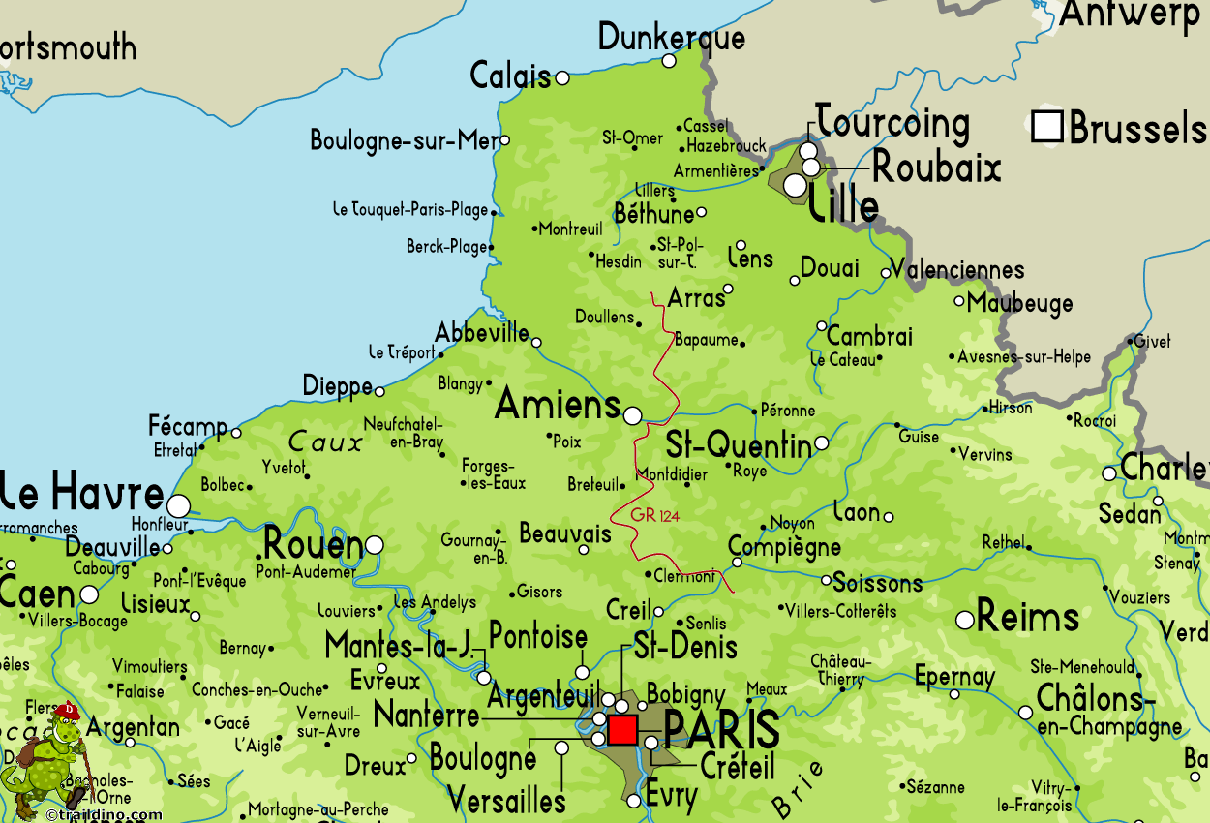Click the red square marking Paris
click(x=622, y=729)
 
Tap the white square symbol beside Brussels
click(x=1047, y=127)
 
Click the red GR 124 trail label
click(x=655, y=516)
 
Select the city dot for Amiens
click(x=632, y=415)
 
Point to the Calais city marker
click(x=561, y=77)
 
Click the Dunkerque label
click(x=672, y=37)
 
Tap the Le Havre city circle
click(x=178, y=505)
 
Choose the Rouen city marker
click(x=374, y=545)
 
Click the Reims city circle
click(x=965, y=620)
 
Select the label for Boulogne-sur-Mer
click(x=403, y=140)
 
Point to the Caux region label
click(x=325, y=442)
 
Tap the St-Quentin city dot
click(x=821, y=442)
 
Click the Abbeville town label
click(x=482, y=332)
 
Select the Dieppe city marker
click(x=379, y=391)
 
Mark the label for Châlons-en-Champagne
click(x=1108, y=711)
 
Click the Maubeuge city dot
click(x=959, y=301)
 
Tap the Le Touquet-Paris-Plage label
click(x=410, y=209)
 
